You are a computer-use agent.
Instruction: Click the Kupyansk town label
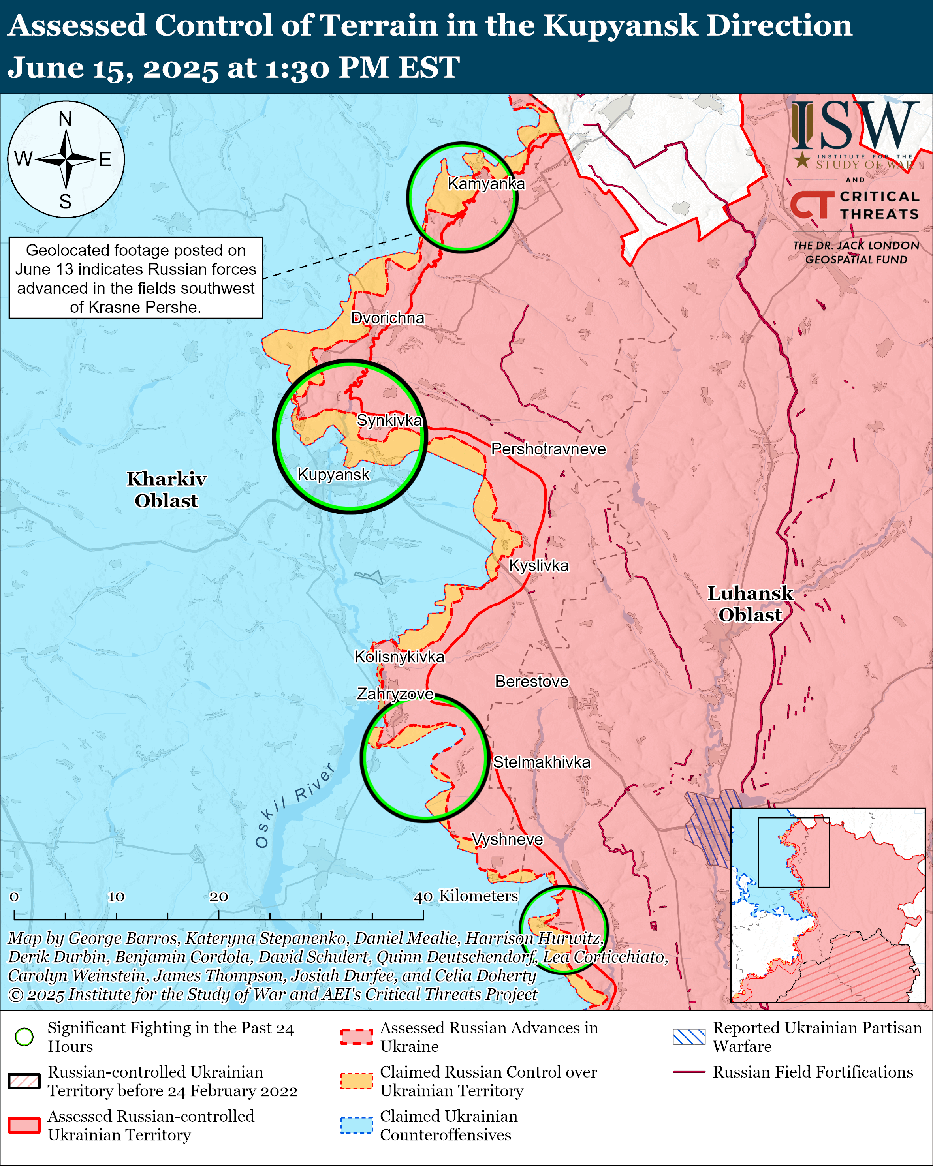pyautogui.click(x=333, y=475)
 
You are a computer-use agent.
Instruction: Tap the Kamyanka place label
pyautogui.click(x=486, y=184)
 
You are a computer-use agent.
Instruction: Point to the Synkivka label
pyautogui.click(x=389, y=420)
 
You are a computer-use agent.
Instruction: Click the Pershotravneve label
pyautogui.click(x=548, y=449)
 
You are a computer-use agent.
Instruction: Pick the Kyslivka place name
pyautogui.click(x=539, y=566)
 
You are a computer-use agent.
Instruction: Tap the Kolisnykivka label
pyautogui.click(x=399, y=657)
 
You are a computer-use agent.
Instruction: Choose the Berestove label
pyautogui.click(x=532, y=682)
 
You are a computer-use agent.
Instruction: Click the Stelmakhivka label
pyautogui.click(x=542, y=762)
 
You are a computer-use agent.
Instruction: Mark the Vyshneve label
pyautogui.click(x=507, y=839)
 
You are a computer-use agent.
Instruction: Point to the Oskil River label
pyautogui.click(x=295, y=806)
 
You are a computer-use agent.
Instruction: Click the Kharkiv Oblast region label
pyautogui.click(x=167, y=490)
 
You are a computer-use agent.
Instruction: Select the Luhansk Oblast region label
pyautogui.click(x=750, y=604)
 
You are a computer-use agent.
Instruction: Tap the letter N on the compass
pyautogui.click(x=66, y=118)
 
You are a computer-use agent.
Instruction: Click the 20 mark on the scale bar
pyautogui.click(x=218, y=897)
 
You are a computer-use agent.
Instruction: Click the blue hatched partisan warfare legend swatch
pyautogui.click(x=688, y=1037)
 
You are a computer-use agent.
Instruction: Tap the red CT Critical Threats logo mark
pyautogui.click(x=812, y=205)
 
